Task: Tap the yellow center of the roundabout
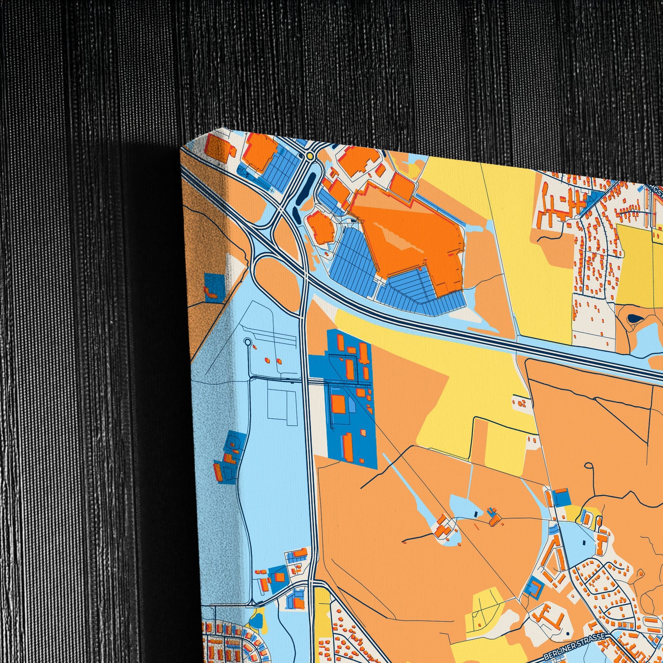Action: (x=310, y=156)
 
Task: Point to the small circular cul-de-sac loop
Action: (x=248, y=342)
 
